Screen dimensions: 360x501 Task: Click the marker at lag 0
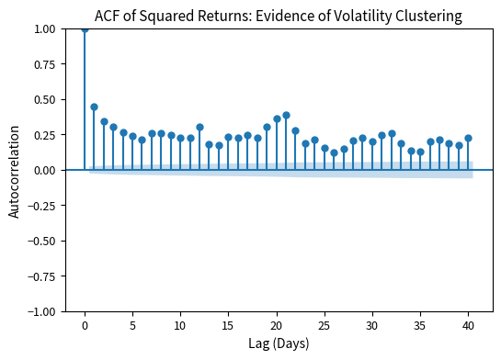85,28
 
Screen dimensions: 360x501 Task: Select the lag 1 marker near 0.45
94,107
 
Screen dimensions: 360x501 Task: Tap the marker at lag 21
286,115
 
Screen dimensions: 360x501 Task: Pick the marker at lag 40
468,138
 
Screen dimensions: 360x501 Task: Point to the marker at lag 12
199,127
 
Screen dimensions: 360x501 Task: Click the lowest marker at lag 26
334,152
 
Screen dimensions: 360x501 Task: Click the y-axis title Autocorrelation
14,170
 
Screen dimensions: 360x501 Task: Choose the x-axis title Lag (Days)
279,343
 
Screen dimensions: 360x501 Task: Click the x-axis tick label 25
325,324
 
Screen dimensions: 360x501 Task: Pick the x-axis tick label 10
180,324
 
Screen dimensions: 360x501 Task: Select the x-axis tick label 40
468,324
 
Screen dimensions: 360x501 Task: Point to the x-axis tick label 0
85,324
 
